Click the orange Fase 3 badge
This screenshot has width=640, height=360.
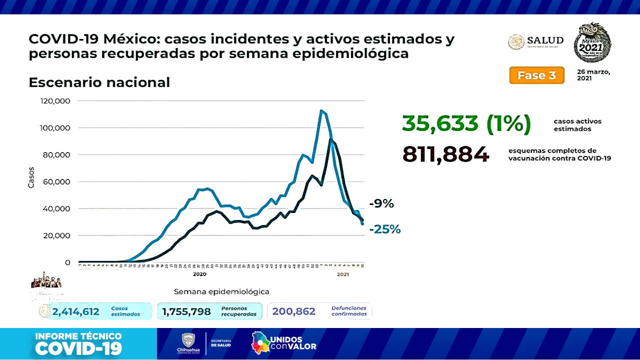point(536,75)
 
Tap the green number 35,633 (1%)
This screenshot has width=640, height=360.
point(466,124)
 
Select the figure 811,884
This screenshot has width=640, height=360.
point(445,154)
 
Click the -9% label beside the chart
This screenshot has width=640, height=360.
point(381,203)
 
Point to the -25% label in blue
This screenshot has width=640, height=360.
point(385,229)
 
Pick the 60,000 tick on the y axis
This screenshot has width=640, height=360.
point(56,181)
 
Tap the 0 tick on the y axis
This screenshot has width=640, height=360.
point(67,262)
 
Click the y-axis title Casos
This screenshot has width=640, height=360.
point(31,177)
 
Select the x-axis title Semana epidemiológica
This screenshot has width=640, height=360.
point(221,291)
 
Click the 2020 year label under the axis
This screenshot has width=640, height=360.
point(199,274)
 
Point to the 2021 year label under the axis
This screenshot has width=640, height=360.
point(342,274)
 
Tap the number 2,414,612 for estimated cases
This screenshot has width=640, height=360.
point(75,311)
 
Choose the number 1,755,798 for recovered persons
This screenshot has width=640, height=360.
point(186,311)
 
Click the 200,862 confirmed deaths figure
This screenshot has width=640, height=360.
point(294,311)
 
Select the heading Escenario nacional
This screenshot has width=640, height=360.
point(99,82)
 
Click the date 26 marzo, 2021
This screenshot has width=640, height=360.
point(593,75)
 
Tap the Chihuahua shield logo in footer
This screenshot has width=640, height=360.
point(188,340)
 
